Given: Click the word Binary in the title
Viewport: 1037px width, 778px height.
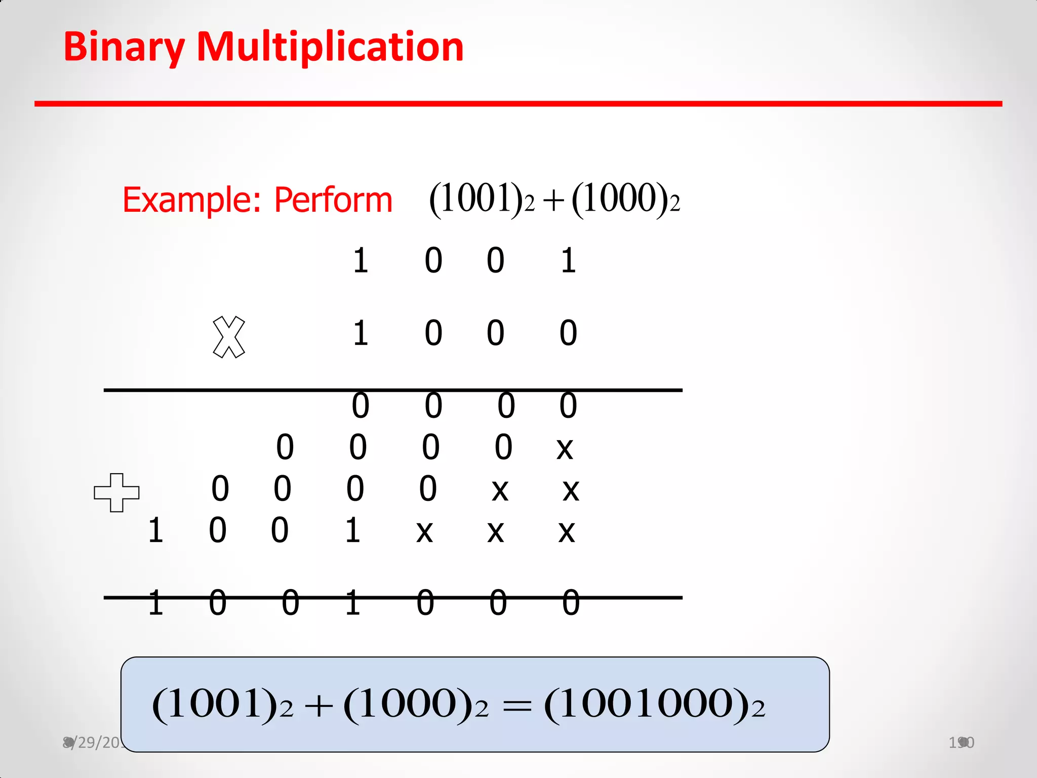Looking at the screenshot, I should click(124, 47).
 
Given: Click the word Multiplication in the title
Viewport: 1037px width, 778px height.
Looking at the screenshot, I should click(330, 47).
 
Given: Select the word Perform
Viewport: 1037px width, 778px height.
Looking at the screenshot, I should click(333, 200).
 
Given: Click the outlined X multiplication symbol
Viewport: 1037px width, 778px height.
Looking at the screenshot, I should click(229, 337).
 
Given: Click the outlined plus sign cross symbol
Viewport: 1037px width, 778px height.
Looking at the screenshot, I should click(116, 492).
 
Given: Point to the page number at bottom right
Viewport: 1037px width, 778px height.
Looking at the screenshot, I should click(961, 743).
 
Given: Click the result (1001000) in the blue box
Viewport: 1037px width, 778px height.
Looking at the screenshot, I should click(653, 705).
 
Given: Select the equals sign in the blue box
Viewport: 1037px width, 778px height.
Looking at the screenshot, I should click(517, 706).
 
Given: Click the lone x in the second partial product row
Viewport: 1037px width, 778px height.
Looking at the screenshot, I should click(565, 448).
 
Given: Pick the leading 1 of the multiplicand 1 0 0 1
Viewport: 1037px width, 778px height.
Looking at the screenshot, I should click(360, 261).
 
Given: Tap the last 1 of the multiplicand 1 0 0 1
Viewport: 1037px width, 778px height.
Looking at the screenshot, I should click(568, 261).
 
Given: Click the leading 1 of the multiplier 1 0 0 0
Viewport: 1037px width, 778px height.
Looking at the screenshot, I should click(360, 333).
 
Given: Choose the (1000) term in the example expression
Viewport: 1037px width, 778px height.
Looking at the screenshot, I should click(625, 199).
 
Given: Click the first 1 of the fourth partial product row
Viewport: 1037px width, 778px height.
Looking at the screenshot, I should click(155, 531).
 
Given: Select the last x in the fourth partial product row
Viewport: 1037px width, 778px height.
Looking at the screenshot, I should click(567, 532).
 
